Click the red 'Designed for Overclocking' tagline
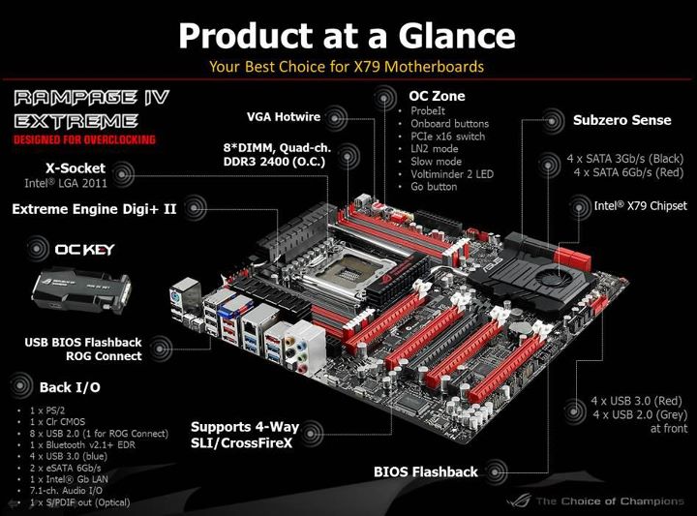[83, 139]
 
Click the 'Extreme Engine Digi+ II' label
[94, 208]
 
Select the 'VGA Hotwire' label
[284, 117]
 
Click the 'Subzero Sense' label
[608, 120]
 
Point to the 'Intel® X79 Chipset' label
[640, 205]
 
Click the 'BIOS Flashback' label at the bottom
[425, 471]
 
